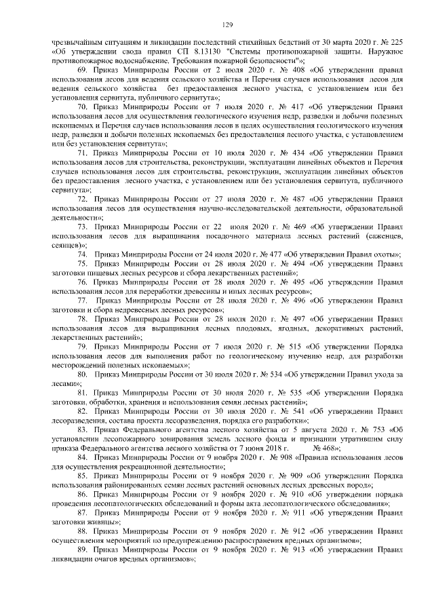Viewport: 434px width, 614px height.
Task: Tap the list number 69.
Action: (x=83, y=70)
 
